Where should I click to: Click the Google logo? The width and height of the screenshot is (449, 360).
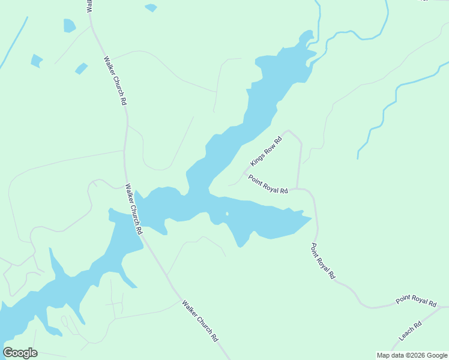pos(20,353)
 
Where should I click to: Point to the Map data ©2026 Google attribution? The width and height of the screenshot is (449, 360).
pos(412,355)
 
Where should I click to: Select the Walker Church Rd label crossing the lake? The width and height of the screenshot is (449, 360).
pos(133,209)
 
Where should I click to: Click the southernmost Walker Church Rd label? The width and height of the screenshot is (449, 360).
pos(200,321)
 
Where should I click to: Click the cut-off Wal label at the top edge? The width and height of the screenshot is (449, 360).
pos(89,6)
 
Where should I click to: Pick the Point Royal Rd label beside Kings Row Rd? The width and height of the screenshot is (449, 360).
pos(268,184)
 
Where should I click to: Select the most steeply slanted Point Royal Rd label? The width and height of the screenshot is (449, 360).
pos(323,261)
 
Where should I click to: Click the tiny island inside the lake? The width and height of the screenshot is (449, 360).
pos(226,214)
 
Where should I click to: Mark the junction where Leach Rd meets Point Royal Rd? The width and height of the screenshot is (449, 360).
pos(442,307)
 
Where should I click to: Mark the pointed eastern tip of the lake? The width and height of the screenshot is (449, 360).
pos(312,218)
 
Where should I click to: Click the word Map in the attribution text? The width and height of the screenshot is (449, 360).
pos(383,355)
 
